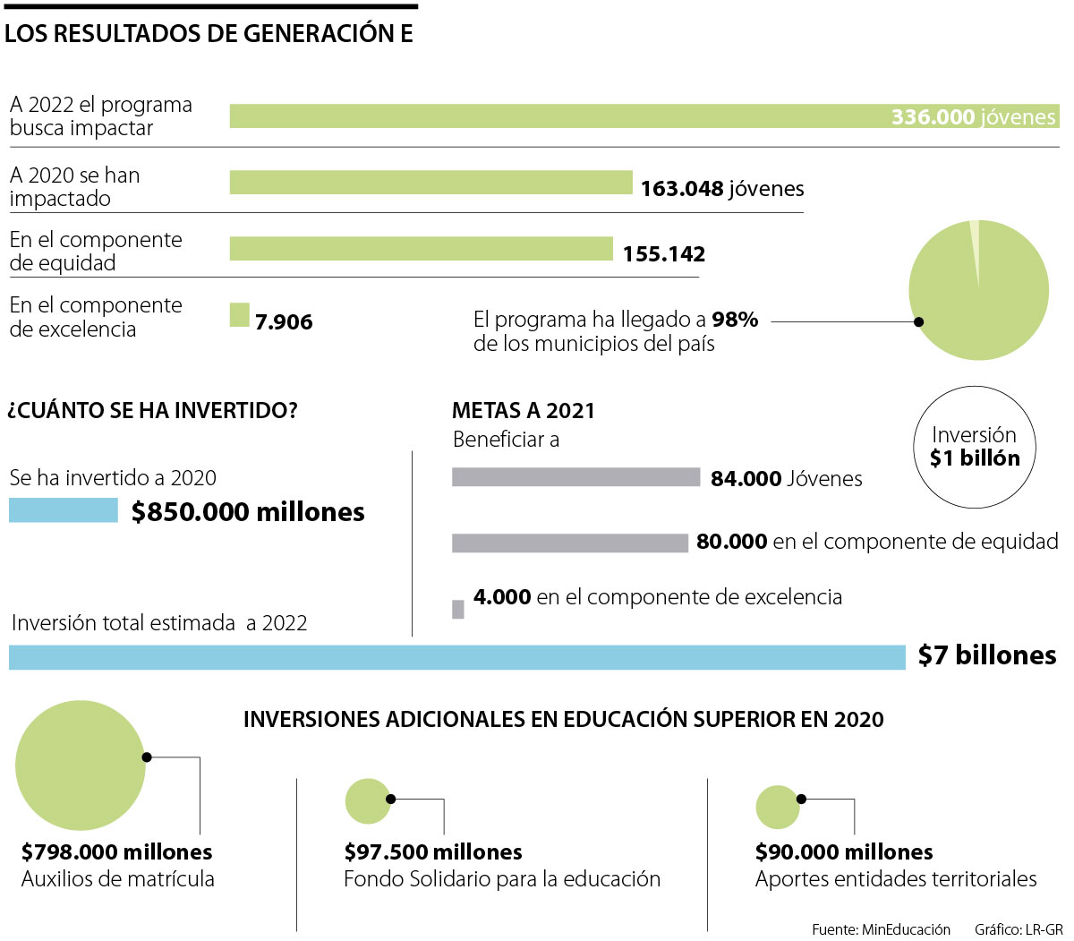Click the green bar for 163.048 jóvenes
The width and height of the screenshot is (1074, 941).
click(x=430, y=183)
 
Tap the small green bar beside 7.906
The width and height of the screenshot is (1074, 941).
click(x=239, y=315)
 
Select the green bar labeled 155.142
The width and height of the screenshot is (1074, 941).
click(x=421, y=249)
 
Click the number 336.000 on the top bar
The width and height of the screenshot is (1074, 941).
click(x=933, y=117)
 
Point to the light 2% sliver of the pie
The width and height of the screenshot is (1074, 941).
click(x=975, y=235)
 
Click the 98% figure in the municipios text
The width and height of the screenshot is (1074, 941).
click(x=735, y=320)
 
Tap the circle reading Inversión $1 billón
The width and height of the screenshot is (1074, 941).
click(x=974, y=447)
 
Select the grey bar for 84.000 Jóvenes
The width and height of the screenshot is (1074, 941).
click(x=575, y=477)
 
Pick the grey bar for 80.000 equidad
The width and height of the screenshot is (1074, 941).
click(x=569, y=543)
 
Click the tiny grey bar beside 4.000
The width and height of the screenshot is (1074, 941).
click(x=458, y=609)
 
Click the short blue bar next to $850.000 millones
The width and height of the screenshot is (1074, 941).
click(x=64, y=510)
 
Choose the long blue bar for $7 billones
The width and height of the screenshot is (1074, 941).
click(x=456, y=656)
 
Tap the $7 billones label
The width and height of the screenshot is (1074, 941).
click(x=987, y=655)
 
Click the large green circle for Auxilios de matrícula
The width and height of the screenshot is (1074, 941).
click(x=81, y=765)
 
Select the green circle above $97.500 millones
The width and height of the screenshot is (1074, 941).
click(x=368, y=800)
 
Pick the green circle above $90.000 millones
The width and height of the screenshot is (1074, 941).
click(x=778, y=807)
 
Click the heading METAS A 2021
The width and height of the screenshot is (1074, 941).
click(x=523, y=411)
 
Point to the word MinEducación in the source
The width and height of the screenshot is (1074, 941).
click(x=905, y=929)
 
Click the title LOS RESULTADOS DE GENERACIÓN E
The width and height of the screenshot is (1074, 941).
click(x=209, y=34)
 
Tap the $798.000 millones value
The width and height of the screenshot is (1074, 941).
click(x=116, y=852)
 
